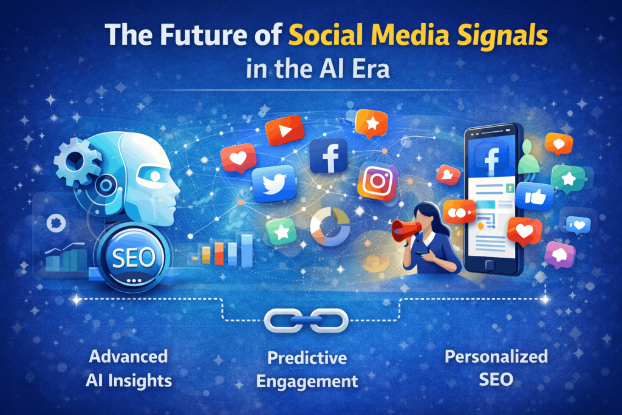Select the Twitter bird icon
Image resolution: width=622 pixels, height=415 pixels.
[x=273, y=183]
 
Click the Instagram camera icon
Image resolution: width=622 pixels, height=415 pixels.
[x=377, y=181]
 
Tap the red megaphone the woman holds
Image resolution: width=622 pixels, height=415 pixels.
[x=405, y=231]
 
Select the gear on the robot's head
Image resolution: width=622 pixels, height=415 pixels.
[x=77, y=160]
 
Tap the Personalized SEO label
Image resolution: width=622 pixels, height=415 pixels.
[x=496, y=368]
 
